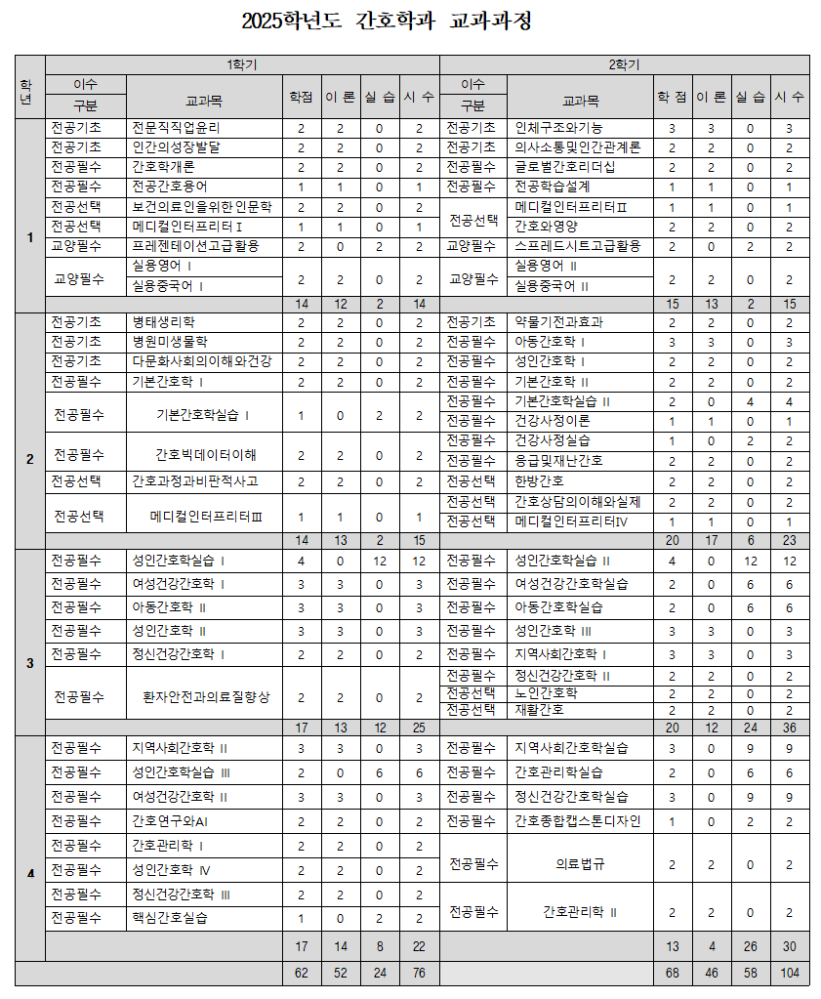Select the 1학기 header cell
click(x=242, y=64)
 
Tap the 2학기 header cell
click(x=624, y=64)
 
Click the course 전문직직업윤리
click(x=177, y=128)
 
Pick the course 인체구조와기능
click(x=558, y=128)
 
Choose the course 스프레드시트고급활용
click(x=578, y=245)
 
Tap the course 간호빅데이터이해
click(x=205, y=454)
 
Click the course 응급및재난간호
click(x=558, y=461)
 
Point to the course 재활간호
click(x=539, y=710)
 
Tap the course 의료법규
click(x=580, y=864)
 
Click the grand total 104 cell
click(x=789, y=974)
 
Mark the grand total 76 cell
click(x=419, y=974)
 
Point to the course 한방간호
click(x=539, y=481)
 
